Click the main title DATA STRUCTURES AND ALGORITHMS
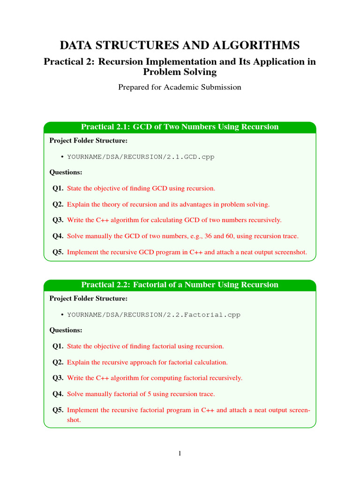pyautogui.click(x=180, y=45)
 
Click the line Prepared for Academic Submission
pyautogui.click(x=180, y=87)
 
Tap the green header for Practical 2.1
pyautogui.click(x=180, y=127)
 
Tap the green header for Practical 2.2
pyautogui.click(x=180, y=285)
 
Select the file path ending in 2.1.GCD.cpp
pyautogui.click(x=141, y=157)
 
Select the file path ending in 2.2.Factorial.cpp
pyautogui.click(x=154, y=315)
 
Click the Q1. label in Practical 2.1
pyautogui.click(x=58, y=188)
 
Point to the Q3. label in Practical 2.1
pyautogui.click(x=58, y=220)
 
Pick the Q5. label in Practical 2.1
pyautogui.click(x=58, y=252)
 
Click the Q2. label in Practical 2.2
pyautogui.click(x=58, y=362)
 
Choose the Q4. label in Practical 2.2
pyautogui.click(x=58, y=394)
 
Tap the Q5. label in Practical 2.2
pyautogui.click(x=58, y=410)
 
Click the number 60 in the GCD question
pyautogui.click(x=233, y=236)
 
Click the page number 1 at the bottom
pyautogui.click(x=180, y=453)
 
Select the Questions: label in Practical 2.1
pyautogui.click(x=66, y=172)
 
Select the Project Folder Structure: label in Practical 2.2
pyautogui.click(x=88, y=299)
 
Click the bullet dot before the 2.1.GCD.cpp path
pyautogui.click(x=63, y=157)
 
